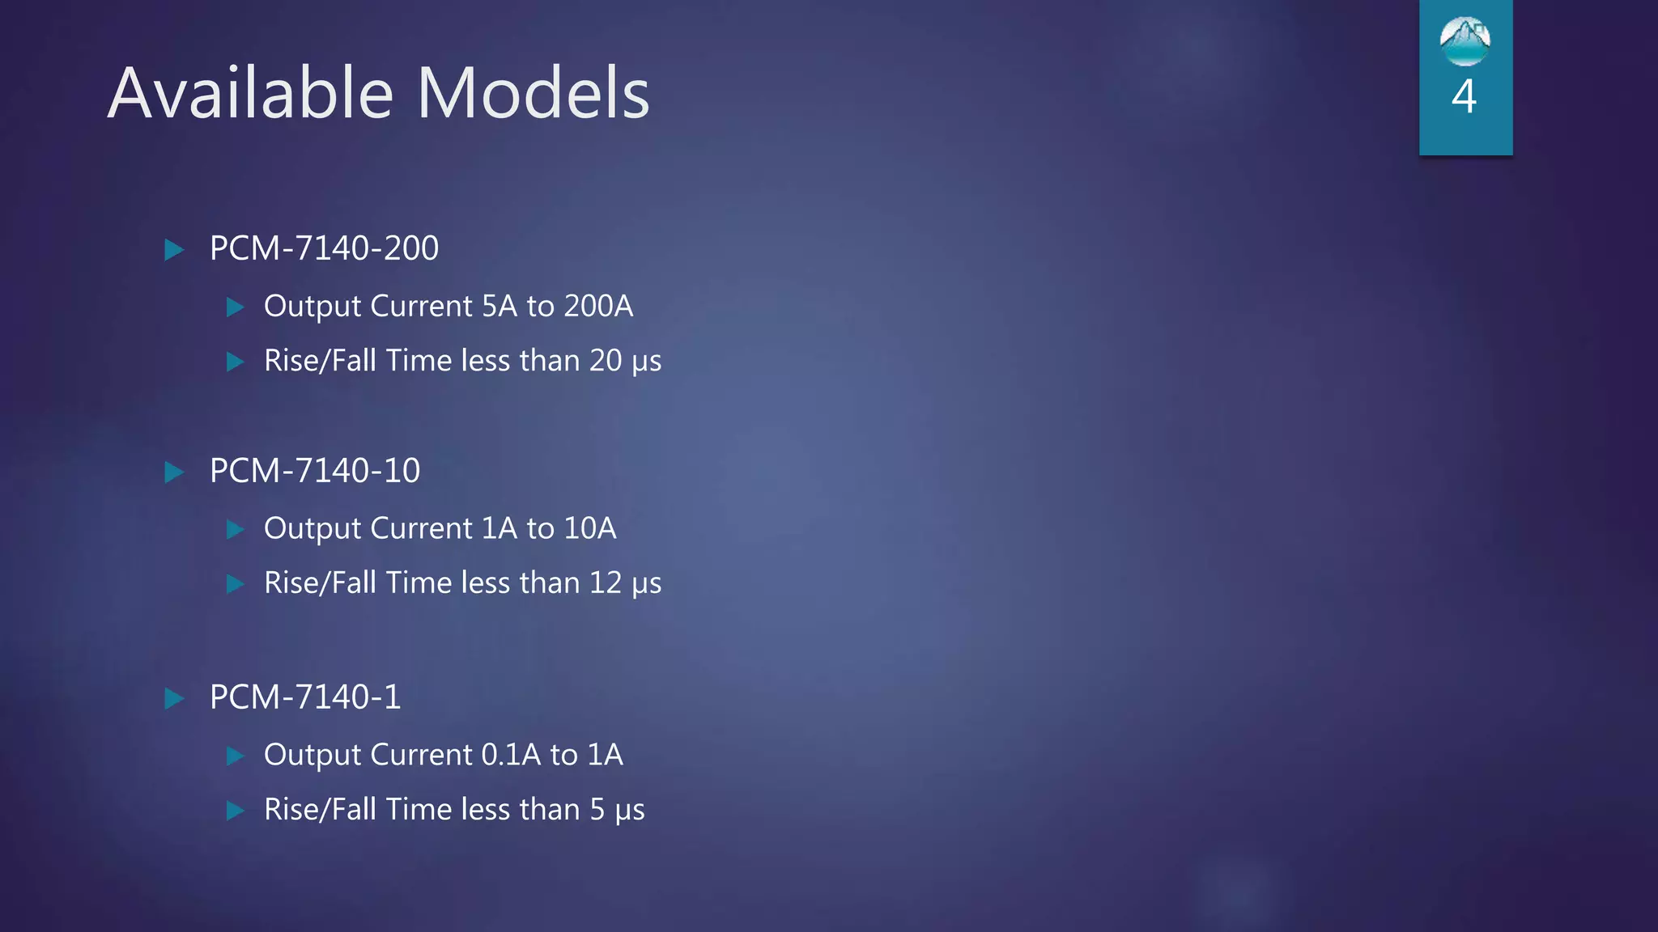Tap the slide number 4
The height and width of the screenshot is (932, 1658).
tap(1464, 97)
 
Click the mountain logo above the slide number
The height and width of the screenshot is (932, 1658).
tap(1465, 41)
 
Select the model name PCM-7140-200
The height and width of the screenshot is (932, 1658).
tap(324, 248)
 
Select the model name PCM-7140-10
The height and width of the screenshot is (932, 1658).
tap(315, 471)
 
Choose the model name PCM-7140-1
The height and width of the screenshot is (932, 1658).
tap(305, 697)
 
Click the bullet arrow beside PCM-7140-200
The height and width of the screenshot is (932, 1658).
tap(174, 249)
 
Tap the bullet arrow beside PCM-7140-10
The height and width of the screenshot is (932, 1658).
tap(174, 472)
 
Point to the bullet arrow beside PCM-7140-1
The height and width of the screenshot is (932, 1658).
tap(174, 698)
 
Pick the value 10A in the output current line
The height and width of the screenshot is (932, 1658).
tap(590, 529)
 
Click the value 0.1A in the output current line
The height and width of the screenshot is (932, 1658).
tap(511, 755)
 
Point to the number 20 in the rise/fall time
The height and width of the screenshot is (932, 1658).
tap(606, 361)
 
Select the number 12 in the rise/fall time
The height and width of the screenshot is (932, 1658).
tap(606, 583)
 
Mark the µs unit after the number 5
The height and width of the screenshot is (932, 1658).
tap(630, 811)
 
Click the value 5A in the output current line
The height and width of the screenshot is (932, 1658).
tap(499, 307)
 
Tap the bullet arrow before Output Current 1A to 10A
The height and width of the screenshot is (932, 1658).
tap(236, 530)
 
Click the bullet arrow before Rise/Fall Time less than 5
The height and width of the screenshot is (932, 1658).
tap(236, 811)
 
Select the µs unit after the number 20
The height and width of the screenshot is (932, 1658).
tap(647, 362)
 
